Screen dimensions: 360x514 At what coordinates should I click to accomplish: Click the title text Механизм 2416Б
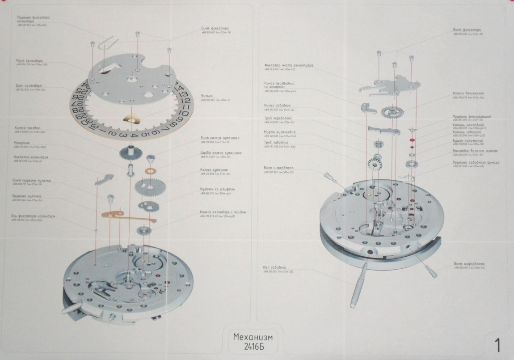pyautogui.click(x=253, y=341)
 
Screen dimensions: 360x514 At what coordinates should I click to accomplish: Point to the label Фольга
pyautogui.click(x=206, y=96)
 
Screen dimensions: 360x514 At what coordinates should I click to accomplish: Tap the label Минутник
pyautogui.click(x=22, y=143)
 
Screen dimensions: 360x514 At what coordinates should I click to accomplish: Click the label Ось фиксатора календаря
pyautogui.click(x=33, y=216)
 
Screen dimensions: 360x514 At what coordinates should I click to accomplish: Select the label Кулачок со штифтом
pyautogui.click(x=218, y=189)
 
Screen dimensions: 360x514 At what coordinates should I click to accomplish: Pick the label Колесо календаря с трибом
pyautogui.click(x=223, y=212)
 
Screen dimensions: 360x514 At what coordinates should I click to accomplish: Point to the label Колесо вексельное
pyautogui.click(x=468, y=93)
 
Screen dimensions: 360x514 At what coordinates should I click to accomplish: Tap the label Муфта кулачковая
pyautogui.click(x=279, y=132)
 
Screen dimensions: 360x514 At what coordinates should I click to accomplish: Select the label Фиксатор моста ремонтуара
pyautogui.click(x=288, y=65)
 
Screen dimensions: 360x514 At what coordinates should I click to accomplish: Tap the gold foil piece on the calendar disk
pyautogui.click(x=131, y=119)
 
